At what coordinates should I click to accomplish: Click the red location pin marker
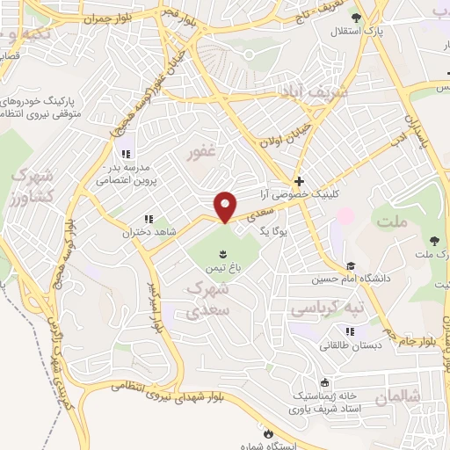(226, 207)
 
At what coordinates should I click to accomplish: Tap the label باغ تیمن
(222, 270)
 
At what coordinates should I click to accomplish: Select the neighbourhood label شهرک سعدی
(209, 299)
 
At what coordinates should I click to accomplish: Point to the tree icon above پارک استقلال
(355, 18)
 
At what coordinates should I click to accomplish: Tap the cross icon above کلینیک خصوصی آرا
(300, 178)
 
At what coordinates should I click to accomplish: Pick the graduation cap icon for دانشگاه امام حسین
(350, 266)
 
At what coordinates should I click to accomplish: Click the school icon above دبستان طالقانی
(350, 331)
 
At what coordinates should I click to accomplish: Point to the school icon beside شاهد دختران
(148, 219)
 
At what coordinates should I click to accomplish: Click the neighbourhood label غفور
(200, 156)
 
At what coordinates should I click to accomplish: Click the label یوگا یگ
(274, 230)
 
